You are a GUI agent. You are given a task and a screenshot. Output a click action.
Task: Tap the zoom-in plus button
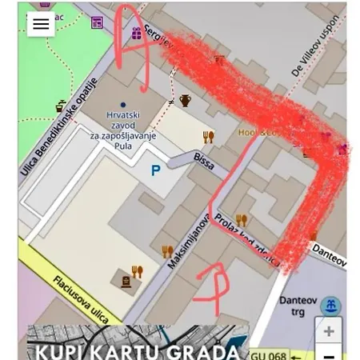click(328, 331)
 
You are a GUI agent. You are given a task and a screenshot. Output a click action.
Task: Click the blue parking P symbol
click(155, 170)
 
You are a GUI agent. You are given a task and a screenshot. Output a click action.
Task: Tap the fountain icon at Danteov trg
click(330, 306)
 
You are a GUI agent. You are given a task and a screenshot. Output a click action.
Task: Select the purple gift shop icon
click(137, 33)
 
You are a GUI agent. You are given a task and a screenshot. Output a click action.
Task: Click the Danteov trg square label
click(298, 306)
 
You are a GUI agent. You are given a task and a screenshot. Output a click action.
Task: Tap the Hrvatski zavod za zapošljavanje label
click(122, 130)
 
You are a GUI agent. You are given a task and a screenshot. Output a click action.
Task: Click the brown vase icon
click(186, 101)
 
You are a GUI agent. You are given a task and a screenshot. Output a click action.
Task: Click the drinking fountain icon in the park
click(61, 106)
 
